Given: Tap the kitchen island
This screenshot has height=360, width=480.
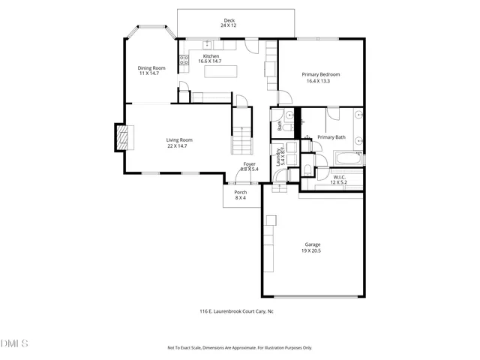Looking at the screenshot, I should [x=222, y=71].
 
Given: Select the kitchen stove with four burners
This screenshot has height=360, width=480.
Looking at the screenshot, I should [x=182, y=61].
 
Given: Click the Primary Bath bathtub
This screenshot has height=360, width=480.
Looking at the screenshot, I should [x=349, y=159].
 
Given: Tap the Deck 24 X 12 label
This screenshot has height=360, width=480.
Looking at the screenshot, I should [x=229, y=23].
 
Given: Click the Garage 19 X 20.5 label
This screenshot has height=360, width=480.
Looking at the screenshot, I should [x=312, y=247].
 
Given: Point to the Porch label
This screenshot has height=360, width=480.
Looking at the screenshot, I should [x=241, y=195].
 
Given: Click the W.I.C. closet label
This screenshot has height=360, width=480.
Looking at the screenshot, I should [x=340, y=178].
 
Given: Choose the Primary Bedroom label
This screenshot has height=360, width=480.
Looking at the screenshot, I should [x=321, y=77].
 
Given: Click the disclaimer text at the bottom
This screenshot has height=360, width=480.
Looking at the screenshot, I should [x=239, y=348].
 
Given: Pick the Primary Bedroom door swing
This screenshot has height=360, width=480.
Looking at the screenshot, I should [x=285, y=97].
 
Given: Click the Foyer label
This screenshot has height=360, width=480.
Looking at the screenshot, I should [x=250, y=164].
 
